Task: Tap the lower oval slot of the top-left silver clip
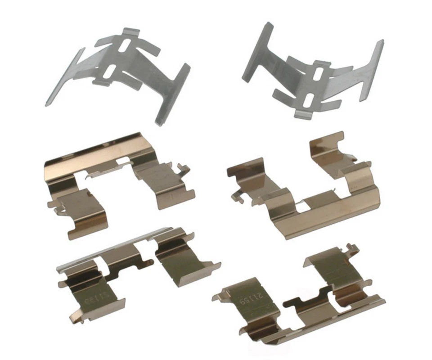click(x=110, y=72)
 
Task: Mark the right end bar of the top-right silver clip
click(x=372, y=70)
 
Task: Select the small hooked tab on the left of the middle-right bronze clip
click(x=235, y=196)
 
